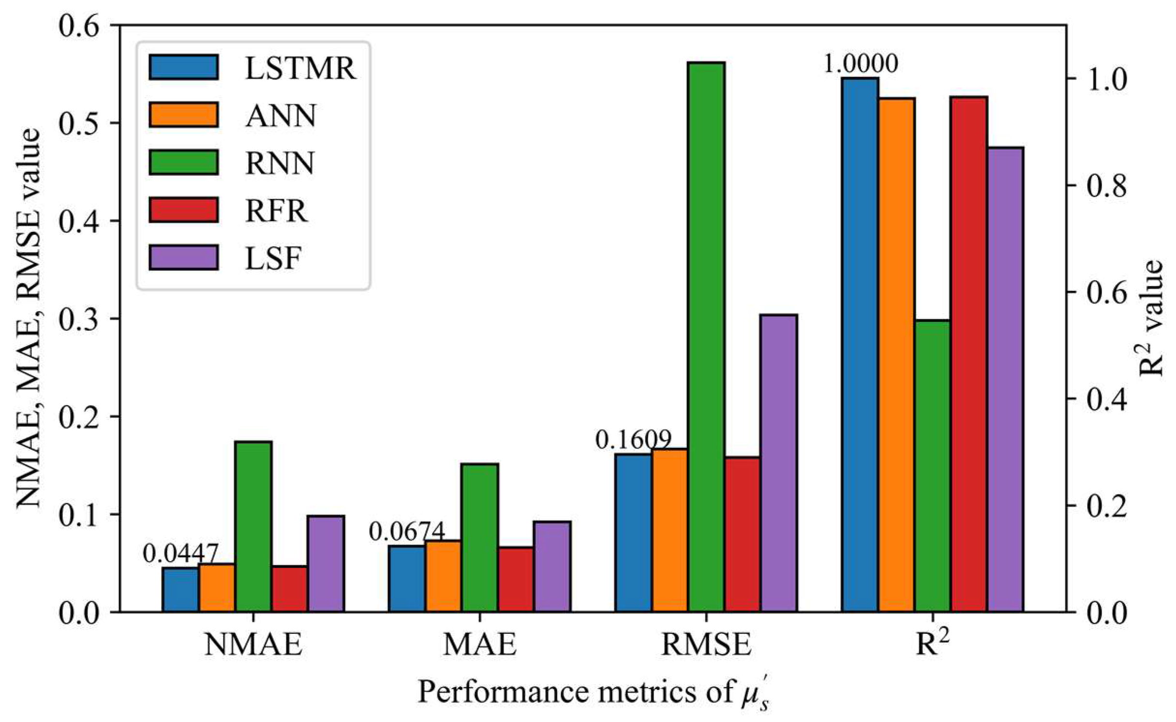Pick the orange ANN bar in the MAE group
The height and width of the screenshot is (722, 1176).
[x=443, y=576]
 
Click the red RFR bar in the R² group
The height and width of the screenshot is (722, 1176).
[x=968, y=354]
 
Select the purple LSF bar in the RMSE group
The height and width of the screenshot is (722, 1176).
[x=778, y=463]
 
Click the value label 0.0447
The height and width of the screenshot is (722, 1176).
[x=180, y=553]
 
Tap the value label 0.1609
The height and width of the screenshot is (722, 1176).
[x=633, y=440]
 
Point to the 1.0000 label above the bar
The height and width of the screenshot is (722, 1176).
[x=861, y=63]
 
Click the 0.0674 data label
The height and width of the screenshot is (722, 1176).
[x=407, y=532]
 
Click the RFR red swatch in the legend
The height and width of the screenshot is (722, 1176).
[x=183, y=210]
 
